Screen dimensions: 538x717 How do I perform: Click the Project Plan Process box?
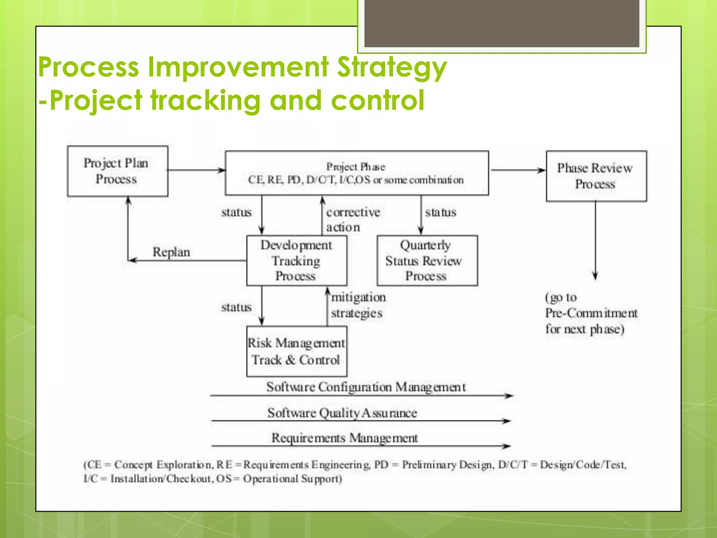pos(117,171)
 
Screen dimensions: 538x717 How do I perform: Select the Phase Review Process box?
pos(596,176)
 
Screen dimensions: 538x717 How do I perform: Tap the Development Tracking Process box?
pos(297,261)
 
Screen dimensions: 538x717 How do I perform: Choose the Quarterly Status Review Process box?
pos(427,261)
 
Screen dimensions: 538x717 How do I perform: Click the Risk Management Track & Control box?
pos(297,351)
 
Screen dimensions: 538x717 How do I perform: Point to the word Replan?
pos(171,252)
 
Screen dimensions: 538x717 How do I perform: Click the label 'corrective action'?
pos(353,220)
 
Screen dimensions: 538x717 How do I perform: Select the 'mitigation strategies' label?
pos(358,305)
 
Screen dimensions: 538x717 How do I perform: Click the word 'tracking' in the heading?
pos(206,100)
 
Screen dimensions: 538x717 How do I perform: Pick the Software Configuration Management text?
pos(366,387)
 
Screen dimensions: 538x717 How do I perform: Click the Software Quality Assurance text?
pos(342,413)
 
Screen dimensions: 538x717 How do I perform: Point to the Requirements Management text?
pos(344,438)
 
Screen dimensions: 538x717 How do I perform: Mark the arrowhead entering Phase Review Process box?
pos(542,171)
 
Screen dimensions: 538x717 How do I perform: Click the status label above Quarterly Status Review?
pos(441,212)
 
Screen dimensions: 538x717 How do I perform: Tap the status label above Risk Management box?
pos(236,307)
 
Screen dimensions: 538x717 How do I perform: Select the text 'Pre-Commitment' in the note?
pos(591,313)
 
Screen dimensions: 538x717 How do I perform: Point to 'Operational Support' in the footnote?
pos(292,479)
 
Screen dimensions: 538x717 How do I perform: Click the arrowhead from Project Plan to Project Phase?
pos(222,171)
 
